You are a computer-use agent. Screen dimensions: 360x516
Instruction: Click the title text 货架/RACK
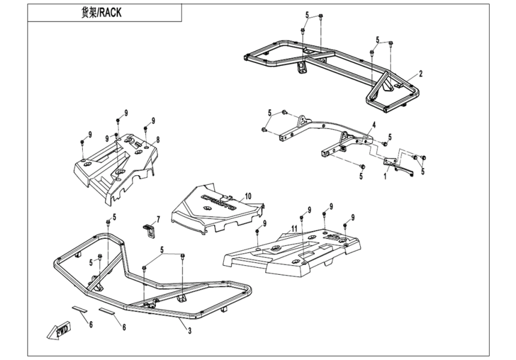(101, 13)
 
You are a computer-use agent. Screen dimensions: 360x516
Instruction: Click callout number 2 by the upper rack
(421, 74)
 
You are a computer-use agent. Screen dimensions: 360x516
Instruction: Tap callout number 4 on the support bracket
(373, 125)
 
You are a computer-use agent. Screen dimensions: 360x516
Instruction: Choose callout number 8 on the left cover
(158, 140)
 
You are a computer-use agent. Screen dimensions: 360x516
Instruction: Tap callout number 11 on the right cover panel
(293, 229)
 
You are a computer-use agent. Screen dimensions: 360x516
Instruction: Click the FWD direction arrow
(61, 330)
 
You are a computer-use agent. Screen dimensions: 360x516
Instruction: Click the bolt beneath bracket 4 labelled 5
(362, 166)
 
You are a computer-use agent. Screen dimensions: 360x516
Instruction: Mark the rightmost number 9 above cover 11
(353, 217)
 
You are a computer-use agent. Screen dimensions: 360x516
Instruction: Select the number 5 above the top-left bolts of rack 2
(307, 14)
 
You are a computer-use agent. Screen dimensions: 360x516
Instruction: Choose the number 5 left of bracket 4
(270, 112)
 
